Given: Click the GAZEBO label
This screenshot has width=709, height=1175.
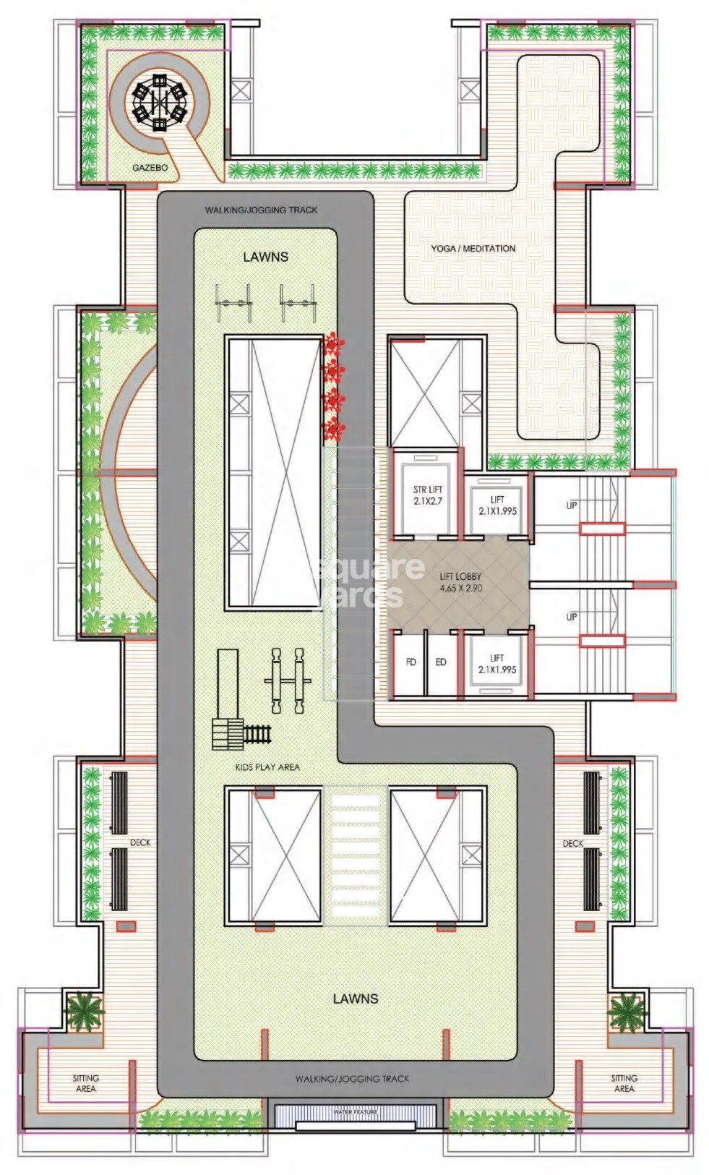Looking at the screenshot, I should [x=150, y=168].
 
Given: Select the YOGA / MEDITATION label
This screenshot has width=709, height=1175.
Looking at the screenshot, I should [x=473, y=248].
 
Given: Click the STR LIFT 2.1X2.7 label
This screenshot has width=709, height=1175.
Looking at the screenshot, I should [x=427, y=495].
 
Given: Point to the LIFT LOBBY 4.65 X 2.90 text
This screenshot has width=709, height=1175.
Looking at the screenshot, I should [x=460, y=582].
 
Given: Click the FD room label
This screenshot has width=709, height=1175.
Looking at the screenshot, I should [x=411, y=662].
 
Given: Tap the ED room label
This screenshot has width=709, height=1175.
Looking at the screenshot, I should [x=440, y=662].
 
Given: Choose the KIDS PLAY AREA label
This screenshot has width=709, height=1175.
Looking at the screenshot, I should [x=267, y=766].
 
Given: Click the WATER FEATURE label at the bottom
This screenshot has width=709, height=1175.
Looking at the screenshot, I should [x=355, y=1111].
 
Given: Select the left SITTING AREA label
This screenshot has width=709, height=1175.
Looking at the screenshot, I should [x=85, y=1082].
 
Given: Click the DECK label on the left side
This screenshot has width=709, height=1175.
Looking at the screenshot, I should [x=140, y=842].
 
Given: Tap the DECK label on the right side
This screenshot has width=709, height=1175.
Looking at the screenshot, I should [x=572, y=843].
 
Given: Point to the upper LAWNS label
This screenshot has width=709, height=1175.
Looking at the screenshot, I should [x=265, y=257].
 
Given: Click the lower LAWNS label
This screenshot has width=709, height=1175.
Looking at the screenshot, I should [x=355, y=999].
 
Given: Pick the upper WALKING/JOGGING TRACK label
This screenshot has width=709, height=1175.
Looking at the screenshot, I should [x=261, y=210].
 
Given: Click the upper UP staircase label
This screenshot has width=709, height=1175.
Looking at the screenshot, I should [x=571, y=505].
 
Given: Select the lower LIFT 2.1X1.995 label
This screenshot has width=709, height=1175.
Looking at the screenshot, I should [x=497, y=664].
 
